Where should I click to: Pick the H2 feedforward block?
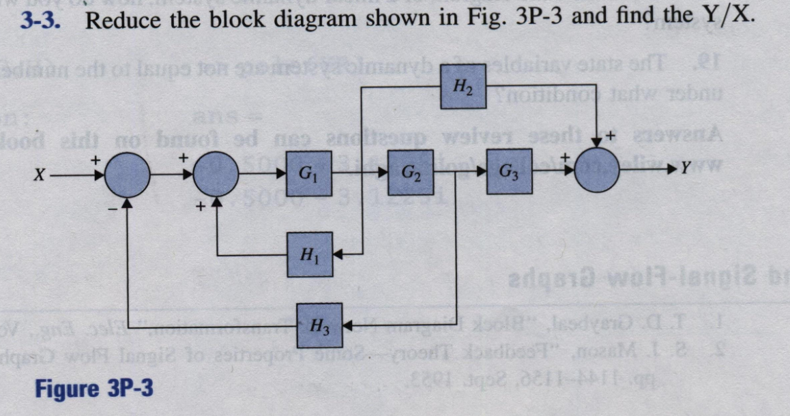coord(463,88)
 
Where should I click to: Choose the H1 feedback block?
coord(310,254)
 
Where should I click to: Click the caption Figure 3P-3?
coord(95,389)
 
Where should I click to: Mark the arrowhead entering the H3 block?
coord(347,327)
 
